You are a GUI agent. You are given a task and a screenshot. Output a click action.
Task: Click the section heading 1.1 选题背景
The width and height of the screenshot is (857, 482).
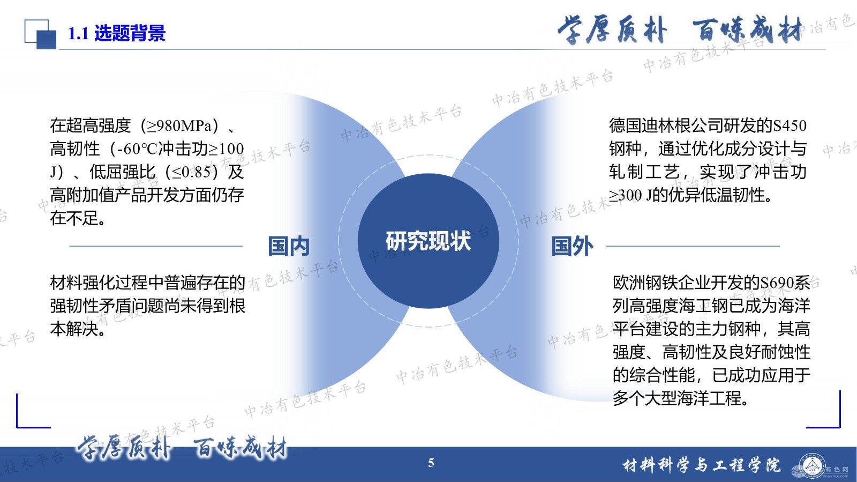(116, 34)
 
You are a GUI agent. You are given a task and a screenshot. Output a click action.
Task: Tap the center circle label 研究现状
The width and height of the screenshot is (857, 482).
(428, 241)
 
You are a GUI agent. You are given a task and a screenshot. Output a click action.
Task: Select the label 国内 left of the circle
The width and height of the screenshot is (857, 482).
(289, 246)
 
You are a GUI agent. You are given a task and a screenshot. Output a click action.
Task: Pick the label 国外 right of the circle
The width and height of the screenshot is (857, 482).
(572, 246)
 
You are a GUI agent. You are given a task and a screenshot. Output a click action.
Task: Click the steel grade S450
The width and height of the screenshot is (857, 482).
(790, 125)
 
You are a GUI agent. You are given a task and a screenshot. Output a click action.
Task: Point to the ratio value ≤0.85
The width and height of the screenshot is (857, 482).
(195, 172)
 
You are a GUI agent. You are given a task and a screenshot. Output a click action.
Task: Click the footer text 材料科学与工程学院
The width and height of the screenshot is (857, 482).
(702, 465)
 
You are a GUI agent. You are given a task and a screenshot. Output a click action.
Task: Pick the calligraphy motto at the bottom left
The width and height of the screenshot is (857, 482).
(182, 447)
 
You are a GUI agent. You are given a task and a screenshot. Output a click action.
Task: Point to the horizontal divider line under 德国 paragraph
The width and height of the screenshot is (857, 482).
(693, 246)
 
